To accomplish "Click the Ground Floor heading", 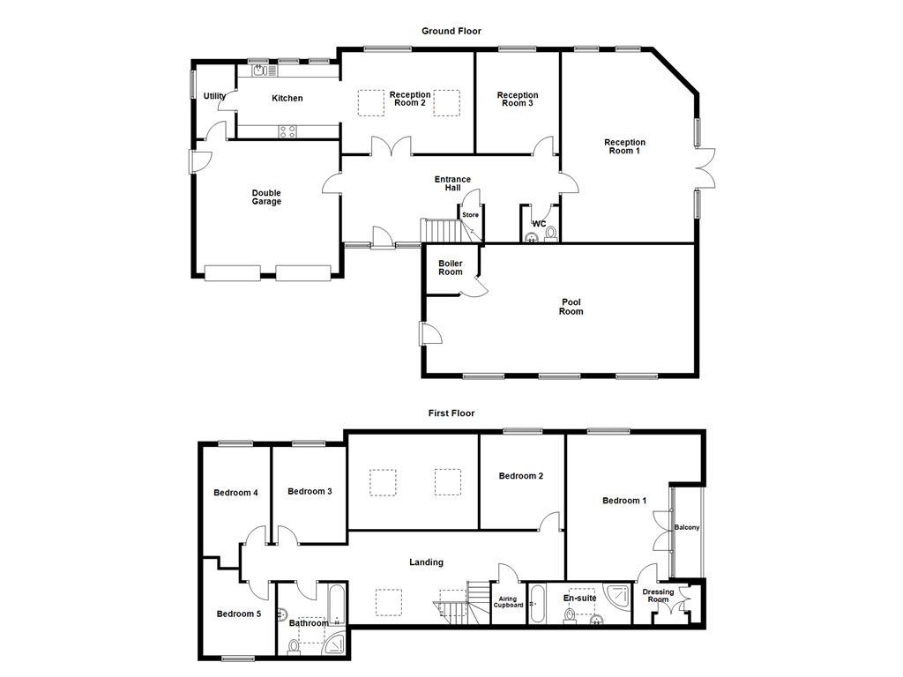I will click(x=451, y=31).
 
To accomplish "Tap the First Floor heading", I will click(x=451, y=413).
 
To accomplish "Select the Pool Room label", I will click(x=571, y=307).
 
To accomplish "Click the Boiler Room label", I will click(x=451, y=267).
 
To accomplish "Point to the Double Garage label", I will click(x=266, y=197).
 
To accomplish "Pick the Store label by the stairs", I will click(x=470, y=214).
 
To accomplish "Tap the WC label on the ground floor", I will click(x=539, y=224).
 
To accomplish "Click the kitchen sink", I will click(x=263, y=70).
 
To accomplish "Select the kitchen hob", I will click(x=288, y=131).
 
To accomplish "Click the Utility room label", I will click(x=214, y=96).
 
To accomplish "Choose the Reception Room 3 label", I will click(x=518, y=100).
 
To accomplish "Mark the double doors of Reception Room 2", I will click(x=391, y=147).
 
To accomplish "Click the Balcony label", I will click(x=687, y=528).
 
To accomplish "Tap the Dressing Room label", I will click(x=658, y=596).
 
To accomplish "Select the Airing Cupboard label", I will click(x=509, y=601).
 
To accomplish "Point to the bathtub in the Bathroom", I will click(x=337, y=604).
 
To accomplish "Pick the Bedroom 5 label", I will click(x=239, y=614).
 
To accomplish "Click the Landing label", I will click(x=427, y=562).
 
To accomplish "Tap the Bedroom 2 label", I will click(x=521, y=476).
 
